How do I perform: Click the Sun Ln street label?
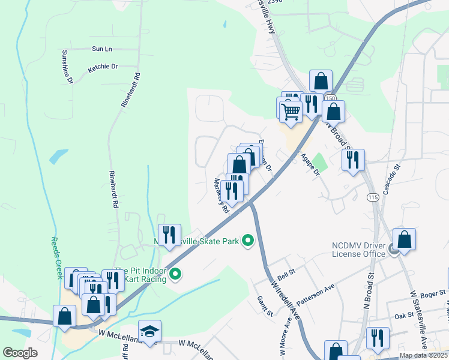tap(102, 49)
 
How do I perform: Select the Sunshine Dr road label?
tap(67, 66)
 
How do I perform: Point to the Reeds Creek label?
tap(55, 257)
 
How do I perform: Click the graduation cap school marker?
tap(149, 331)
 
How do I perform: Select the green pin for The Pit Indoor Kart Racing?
tap(175, 275)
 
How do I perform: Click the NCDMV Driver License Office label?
tap(359, 250)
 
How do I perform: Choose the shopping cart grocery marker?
tap(291, 111)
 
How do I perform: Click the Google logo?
tap(20, 353)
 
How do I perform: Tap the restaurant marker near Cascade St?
tap(353, 160)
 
